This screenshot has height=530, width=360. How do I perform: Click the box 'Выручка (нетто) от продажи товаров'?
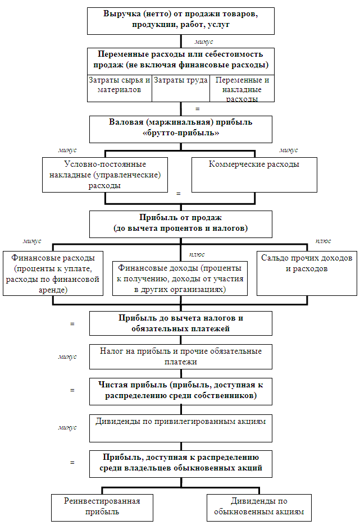pyautogui.click(x=180, y=21)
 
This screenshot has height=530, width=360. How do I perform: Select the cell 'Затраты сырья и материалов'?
pyautogui.click(x=119, y=88)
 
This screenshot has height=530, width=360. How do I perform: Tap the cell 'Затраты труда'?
pyautogui.click(x=180, y=88)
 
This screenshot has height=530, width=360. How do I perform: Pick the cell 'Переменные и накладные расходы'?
pyautogui.click(x=242, y=89)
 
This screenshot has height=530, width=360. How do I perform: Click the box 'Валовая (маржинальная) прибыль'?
pyautogui.click(x=180, y=129)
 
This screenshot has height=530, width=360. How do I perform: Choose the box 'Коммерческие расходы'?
pyautogui.click(x=253, y=174)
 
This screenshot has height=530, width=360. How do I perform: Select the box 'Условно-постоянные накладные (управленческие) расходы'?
pyautogui.click(x=105, y=174)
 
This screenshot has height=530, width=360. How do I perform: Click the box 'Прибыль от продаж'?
pyautogui.click(x=180, y=223)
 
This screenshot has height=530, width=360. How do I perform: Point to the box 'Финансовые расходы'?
pyautogui.click(x=53, y=273)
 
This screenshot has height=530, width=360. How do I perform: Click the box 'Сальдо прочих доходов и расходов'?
pyautogui.click(x=306, y=273)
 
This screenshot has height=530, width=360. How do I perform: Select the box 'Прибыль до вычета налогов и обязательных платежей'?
pyautogui.click(x=180, y=323)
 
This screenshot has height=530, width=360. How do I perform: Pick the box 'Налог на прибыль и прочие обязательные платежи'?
pyautogui.click(x=180, y=357)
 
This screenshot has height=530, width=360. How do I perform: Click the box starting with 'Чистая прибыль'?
pyautogui.click(x=180, y=391)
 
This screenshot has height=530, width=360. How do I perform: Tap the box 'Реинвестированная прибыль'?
pyautogui.click(x=102, y=506)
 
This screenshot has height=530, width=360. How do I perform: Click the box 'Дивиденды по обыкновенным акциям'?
pyautogui.click(x=259, y=506)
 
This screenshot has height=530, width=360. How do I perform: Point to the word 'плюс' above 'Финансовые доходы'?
pyautogui.click(x=197, y=254)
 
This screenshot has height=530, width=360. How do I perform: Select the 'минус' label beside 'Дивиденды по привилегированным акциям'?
pyautogui.click(x=67, y=427)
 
